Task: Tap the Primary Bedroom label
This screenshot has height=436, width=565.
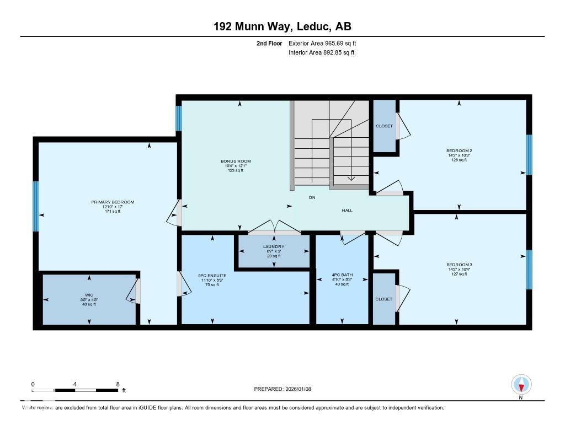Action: click(113, 202)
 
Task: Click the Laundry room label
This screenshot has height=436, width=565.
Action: click(274, 246)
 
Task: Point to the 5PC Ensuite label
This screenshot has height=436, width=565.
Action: click(212, 275)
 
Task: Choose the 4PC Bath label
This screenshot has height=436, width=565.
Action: click(342, 275)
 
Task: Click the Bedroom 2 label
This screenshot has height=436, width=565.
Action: click(459, 150)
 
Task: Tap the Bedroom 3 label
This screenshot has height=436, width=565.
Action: click(459, 265)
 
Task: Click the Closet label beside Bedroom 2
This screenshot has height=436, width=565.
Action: click(384, 126)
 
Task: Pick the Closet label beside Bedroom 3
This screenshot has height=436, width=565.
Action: click(384, 299)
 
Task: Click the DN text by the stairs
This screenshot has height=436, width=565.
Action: click(312, 197)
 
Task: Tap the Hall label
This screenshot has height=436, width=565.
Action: click(347, 210)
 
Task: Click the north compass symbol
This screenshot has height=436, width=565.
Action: click(521, 385)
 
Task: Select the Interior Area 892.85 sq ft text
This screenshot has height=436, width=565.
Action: click(321, 53)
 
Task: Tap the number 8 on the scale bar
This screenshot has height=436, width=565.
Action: click(118, 384)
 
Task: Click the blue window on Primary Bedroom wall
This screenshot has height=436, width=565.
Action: click(36, 207)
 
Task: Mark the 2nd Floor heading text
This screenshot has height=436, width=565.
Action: click(269, 43)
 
